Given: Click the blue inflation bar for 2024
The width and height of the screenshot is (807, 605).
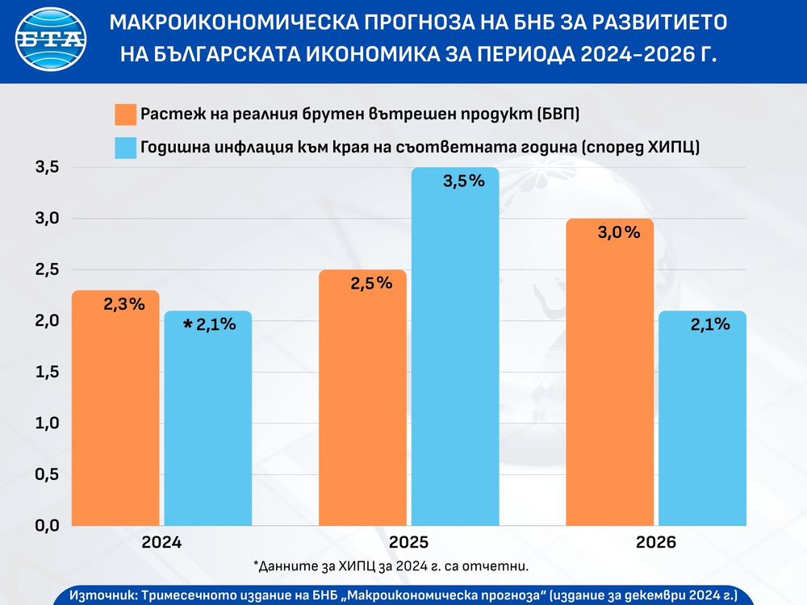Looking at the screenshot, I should point(208,419).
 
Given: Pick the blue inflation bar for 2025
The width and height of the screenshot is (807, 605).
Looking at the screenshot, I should point(455,347).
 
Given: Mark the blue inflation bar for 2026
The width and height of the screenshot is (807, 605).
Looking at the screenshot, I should point(702,419).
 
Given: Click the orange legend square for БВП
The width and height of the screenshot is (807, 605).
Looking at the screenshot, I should point(126,115).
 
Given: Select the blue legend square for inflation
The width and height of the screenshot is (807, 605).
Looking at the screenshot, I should point(126,148).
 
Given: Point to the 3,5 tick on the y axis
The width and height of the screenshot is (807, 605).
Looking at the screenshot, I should point(47,168).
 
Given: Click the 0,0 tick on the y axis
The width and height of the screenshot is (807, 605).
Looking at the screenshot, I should point(47,525).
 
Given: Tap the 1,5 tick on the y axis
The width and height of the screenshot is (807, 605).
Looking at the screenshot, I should point(47,372).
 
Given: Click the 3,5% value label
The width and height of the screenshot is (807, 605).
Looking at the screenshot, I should point(464,181).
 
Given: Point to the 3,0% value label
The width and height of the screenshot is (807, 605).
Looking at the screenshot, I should point(619,233).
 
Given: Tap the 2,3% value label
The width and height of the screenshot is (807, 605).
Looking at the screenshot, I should point(124,305).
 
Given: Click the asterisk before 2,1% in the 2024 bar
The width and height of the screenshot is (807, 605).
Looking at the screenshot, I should point(188,325).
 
